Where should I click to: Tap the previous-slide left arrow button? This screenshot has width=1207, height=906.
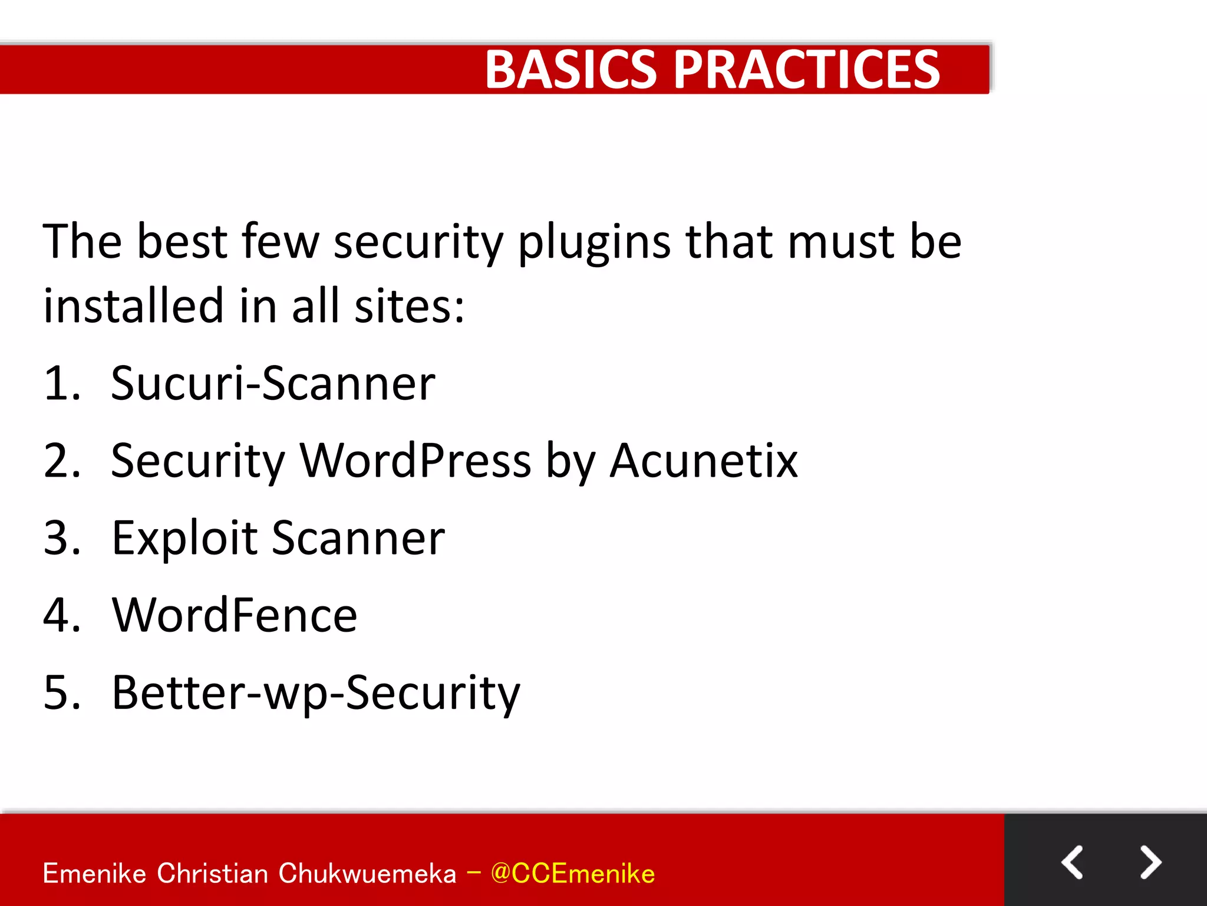[1072, 862]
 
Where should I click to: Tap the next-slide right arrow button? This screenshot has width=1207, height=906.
[1150, 862]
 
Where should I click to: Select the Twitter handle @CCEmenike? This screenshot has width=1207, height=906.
[572, 874]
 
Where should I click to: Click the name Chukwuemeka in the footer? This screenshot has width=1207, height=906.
[367, 874]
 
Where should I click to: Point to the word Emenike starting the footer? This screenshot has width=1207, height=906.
[94, 874]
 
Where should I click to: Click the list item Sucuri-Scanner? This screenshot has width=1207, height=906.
[273, 383]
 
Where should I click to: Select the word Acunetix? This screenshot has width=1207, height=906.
[704, 461]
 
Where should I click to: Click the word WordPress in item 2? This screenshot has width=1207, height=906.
[415, 461]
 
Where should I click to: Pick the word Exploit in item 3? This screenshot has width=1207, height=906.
[184, 538]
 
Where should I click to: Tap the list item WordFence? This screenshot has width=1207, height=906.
[235, 615]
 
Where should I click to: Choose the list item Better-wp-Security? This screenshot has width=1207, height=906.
[316, 692]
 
